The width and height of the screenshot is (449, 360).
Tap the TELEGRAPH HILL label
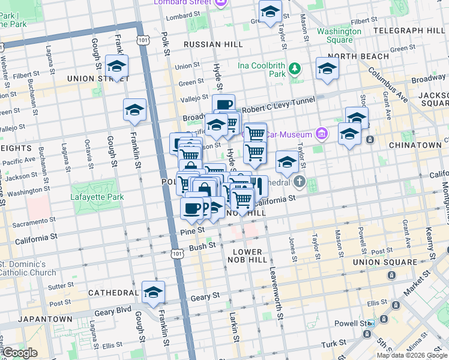(x=409, y=30)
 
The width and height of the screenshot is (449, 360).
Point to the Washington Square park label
(x=335, y=35)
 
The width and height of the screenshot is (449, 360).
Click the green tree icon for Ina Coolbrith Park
(x=295, y=68)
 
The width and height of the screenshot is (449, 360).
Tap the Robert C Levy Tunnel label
(x=279, y=101)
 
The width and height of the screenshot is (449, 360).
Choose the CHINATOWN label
(x=415, y=145)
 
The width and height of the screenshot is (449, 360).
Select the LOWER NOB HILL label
(x=245, y=256)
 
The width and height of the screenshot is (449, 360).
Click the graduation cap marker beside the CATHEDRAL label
(x=153, y=292)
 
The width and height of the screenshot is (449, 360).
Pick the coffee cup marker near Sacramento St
(x=192, y=208)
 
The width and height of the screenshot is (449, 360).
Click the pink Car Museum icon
(x=322, y=133)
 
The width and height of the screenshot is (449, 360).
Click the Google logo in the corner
(x=20, y=353)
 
